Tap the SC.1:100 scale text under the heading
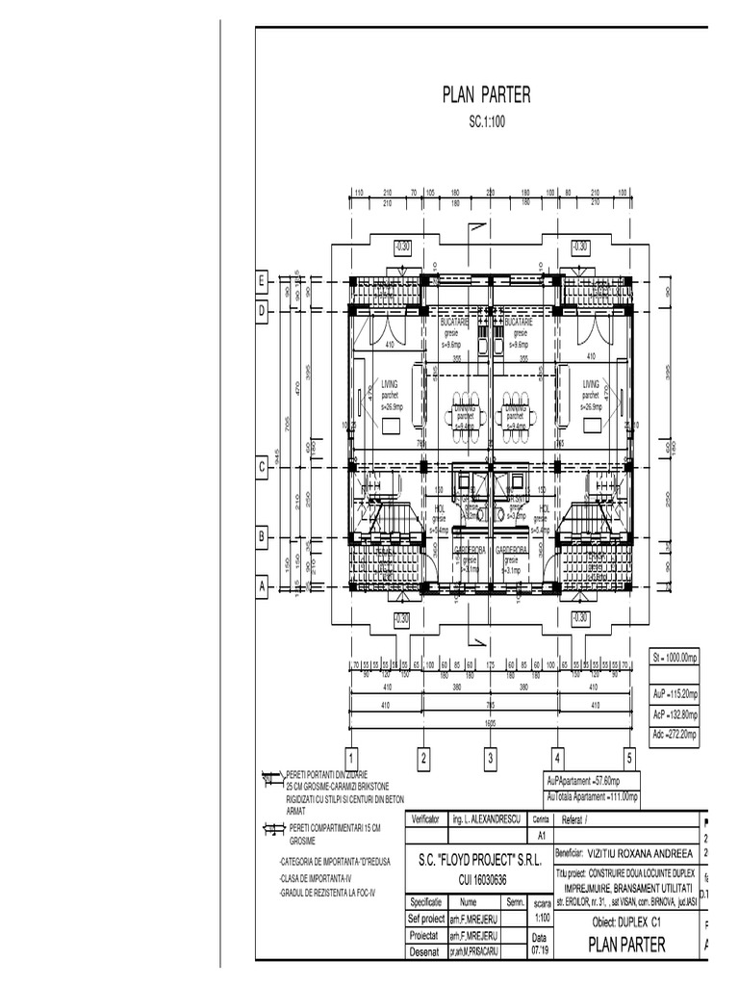pos(487,122)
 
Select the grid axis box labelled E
pos(261,281)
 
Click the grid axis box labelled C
pos(261,469)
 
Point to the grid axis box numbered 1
pos(352,759)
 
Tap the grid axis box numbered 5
pos(630,759)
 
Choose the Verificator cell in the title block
pos(424,819)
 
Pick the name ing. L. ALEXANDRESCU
pos(486,819)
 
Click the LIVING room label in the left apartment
pos(389,383)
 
